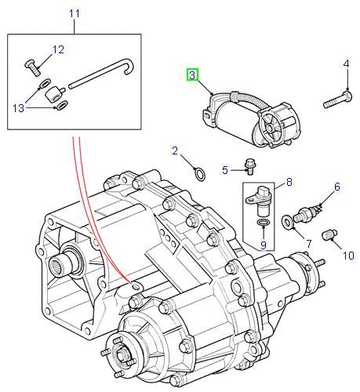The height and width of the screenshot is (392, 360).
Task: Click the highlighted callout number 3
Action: [192, 75]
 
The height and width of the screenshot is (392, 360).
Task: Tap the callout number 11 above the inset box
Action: [75, 13]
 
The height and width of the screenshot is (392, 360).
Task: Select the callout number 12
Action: [58, 49]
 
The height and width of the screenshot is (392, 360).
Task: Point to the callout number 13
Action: [19, 108]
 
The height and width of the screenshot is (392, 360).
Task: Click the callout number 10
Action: [348, 256]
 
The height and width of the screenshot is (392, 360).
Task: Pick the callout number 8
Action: [289, 182]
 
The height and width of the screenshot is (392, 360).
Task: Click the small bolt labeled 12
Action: [32, 67]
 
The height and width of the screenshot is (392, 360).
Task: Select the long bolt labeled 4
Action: [337, 99]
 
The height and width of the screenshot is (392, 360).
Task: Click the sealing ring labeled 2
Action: [200, 174]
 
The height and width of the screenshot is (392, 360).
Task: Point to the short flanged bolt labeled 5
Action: [250, 166]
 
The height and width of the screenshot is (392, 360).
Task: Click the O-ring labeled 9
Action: [263, 223]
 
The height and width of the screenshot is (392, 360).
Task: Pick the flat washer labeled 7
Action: [287, 222]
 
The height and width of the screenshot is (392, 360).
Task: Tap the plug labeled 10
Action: [329, 234]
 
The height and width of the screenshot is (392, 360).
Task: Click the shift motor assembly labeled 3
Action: [251, 119]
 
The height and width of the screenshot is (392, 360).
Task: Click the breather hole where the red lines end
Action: [136, 287]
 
